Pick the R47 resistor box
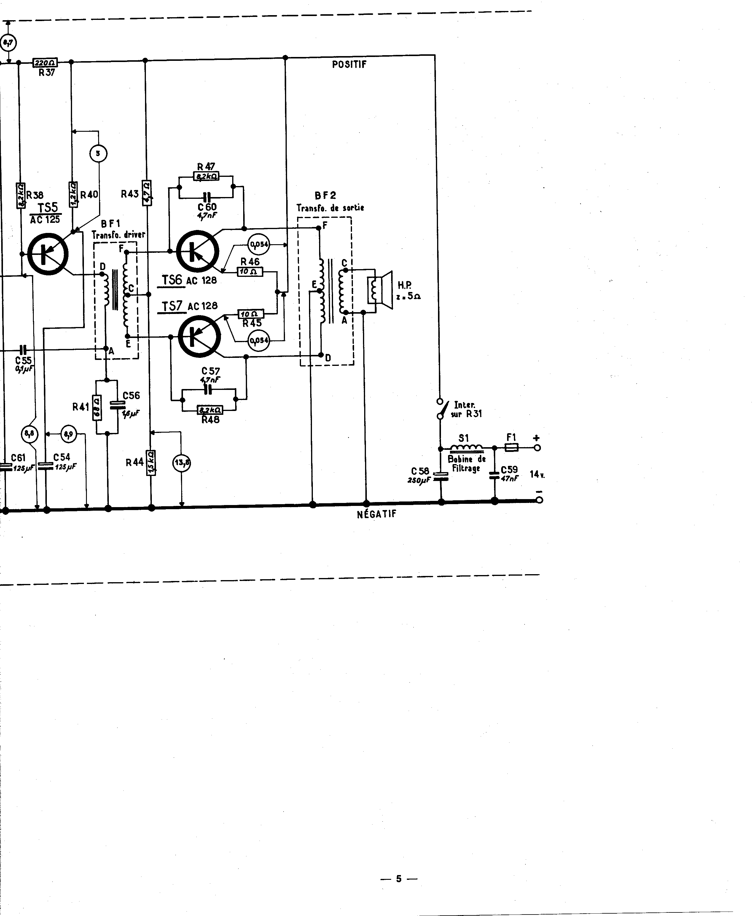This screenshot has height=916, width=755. point(206,176)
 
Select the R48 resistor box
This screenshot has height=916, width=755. point(210,410)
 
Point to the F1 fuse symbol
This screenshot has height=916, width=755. point(512,447)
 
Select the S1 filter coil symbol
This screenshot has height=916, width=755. point(466,447)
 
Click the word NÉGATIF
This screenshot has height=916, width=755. point(376,514)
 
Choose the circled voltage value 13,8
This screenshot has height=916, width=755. point(182,463)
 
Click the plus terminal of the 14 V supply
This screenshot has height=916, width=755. point(538,447)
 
